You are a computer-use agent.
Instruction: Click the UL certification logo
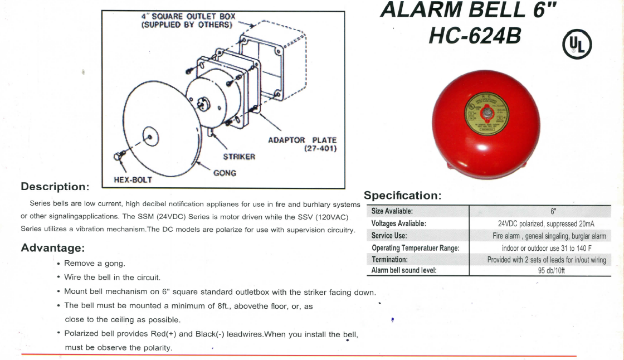point(577,44)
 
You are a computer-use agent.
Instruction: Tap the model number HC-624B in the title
point(475,36)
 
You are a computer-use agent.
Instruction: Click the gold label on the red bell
point(486,114)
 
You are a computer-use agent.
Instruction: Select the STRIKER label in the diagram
point(239,157)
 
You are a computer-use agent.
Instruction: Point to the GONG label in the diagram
point(225,173)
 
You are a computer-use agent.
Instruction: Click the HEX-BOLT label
point(133,179)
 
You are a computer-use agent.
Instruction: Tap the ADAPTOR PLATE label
point(303,140)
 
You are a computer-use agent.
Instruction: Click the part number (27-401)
point(320,149)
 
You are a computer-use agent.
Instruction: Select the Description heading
point(55,186)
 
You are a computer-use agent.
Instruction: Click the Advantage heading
point(53,247)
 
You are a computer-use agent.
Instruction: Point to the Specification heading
point(403,196)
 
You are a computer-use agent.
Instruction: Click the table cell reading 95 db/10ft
point(551,270)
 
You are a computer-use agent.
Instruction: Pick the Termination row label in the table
point(389,259)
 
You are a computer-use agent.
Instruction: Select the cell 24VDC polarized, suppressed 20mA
point(546,224)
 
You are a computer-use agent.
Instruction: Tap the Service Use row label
point(389,235)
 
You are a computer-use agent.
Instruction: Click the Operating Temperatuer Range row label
point(416,247)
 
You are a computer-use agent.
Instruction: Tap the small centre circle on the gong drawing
point(150,137)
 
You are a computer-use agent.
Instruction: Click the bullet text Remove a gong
point(95,263)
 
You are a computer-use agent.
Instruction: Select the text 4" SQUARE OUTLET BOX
point(188,16)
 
